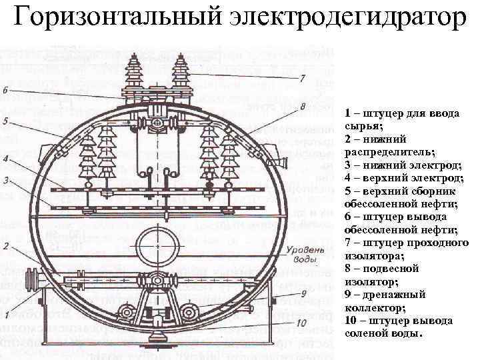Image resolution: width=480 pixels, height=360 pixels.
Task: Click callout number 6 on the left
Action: point(5,89)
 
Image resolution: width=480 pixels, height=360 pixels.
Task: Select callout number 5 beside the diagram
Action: point(5,121)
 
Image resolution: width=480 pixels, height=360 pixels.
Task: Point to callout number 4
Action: point(5,159)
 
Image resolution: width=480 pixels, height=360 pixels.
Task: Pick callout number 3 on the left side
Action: point(5,180)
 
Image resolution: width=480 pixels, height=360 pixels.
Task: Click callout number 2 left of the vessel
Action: point(5,247)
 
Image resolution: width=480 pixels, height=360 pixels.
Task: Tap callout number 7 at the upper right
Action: point(303,78)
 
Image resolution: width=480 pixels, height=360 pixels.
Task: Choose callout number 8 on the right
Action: point(303,107)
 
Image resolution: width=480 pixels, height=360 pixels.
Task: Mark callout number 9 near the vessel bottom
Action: point(303,293)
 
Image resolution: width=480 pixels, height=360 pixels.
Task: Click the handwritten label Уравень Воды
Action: point(291,255)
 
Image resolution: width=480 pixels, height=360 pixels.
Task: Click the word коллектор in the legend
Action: point(372,307)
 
